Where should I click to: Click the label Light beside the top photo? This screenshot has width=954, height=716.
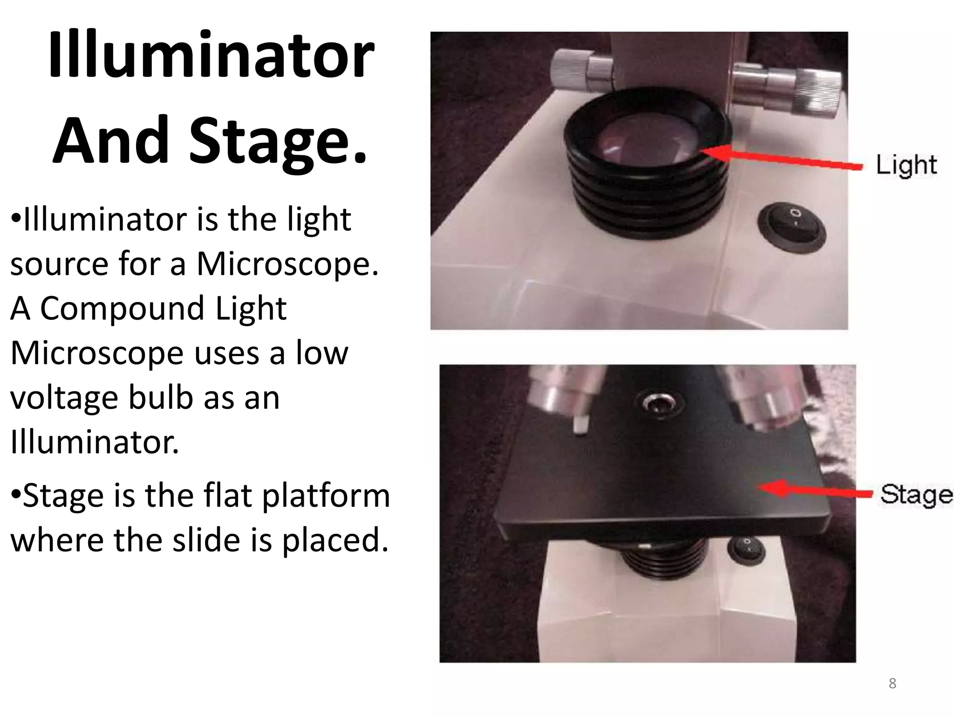pyautogui.click(x=906, y=165)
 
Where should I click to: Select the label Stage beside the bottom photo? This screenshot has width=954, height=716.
pyautogui.click(x=915, y=495)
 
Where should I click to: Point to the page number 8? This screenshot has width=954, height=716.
pyautogui.click(x=892, y=684)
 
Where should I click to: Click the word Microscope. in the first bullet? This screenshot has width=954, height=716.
pyautogui.click(x=287, y=264)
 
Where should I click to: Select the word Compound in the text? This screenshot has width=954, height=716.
pyautogui.click(x=122, y=309)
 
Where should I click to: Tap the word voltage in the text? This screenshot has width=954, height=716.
pyautogui.click(x=63, y=398)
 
